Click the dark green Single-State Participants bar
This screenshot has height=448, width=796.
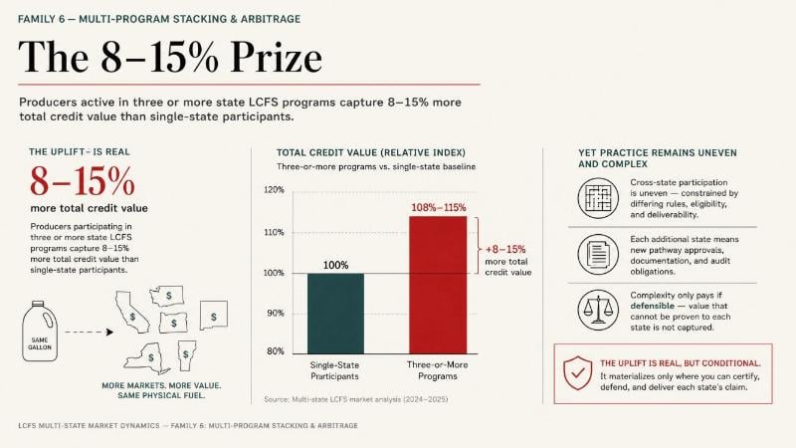335,314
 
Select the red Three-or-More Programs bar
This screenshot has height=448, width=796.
438,285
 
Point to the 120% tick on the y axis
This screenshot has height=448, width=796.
275,190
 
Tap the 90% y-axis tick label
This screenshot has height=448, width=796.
276,314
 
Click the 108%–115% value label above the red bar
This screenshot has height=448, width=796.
438,207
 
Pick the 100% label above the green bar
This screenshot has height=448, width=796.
335,265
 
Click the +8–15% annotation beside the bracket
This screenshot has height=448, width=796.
505,250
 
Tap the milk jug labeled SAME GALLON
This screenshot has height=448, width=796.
40,332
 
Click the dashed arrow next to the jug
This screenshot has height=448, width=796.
90,333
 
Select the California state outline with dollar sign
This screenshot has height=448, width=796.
131,312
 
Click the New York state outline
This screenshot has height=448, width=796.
147,357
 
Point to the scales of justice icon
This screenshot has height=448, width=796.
598,310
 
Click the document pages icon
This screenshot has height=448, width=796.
598,254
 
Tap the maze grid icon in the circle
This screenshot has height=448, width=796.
598,197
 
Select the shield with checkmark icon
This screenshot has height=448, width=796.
578,372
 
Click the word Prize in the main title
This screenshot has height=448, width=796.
277,57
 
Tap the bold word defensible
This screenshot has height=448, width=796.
653,306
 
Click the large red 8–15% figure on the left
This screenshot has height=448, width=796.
83,181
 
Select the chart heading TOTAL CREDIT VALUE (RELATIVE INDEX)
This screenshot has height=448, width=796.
370,152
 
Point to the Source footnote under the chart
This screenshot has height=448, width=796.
356,399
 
